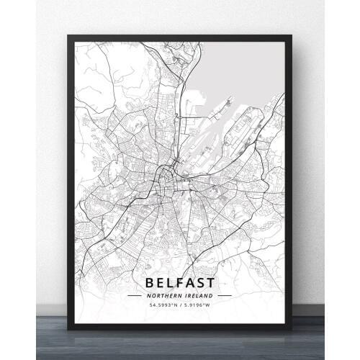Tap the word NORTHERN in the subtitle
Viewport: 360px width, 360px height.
tap(164, 294)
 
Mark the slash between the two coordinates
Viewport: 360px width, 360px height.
tap(179, 305)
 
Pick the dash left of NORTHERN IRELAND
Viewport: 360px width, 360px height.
tap(135, 294)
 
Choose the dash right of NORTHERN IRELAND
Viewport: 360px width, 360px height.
tap(225, 294)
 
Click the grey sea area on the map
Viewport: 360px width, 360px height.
tap(238, 68)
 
